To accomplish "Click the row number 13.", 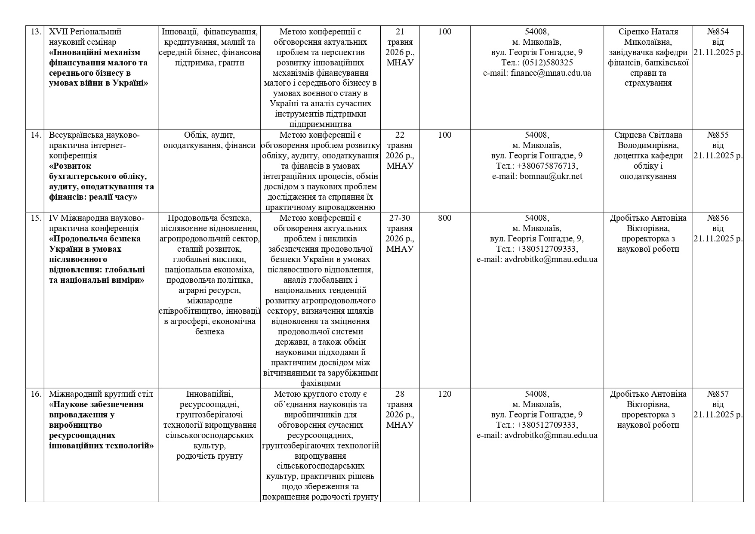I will point(36,32).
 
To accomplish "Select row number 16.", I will point(36,394).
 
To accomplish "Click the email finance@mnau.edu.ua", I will point(551,73).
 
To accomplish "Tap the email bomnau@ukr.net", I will point(551,176).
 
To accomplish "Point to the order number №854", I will point(718,32).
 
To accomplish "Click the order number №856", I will point(718,218).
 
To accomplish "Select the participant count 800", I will point(444,218).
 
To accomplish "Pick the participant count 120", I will point(444,394).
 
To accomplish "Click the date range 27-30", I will point(400,218).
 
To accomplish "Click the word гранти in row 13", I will point(232,63).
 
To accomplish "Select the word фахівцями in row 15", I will point(320,383).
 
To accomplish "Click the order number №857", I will point(718,394).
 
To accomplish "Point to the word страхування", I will point(648,83).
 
